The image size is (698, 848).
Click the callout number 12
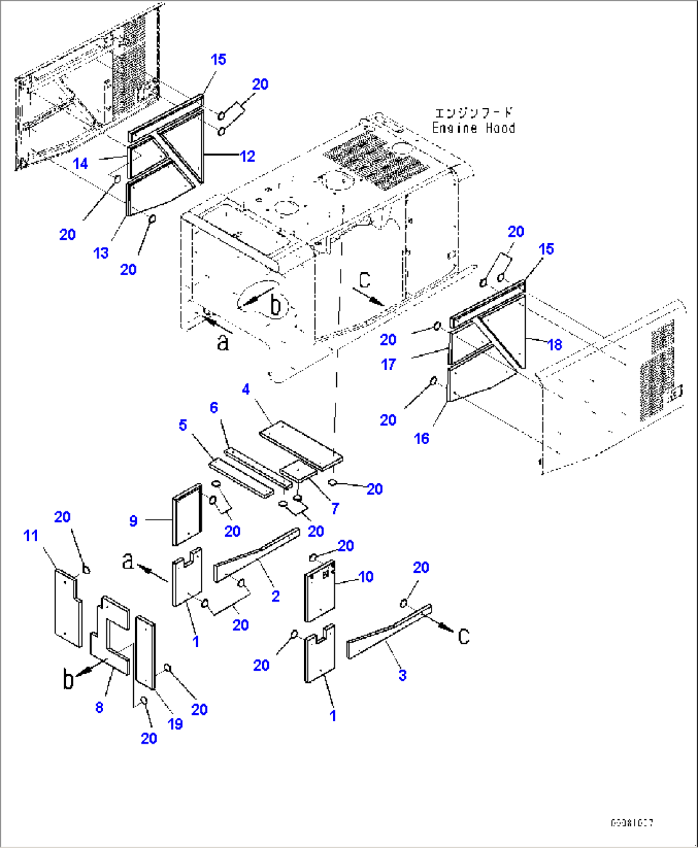tap(247, 156)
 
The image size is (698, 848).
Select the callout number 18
tap(555, 344)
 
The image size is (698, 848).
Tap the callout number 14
tap(80, 164)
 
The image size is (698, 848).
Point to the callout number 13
tap(101, 253)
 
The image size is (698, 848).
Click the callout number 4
tap(246, 389)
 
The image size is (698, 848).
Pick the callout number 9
tap(133, 520)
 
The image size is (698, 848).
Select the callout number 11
tap(31, 536)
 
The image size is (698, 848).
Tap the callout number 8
tap(99, 707)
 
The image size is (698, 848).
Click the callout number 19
tap(175, 724)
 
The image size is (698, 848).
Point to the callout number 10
tap(366, 577)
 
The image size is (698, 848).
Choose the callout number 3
tap(402, 675)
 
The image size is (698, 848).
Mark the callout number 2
tap(275, 596)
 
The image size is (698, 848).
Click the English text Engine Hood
tap(473, 128)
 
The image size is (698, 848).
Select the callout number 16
tap(421, 438)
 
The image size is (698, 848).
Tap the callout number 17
tap(388, 364)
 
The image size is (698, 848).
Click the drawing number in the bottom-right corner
tap(631, 823)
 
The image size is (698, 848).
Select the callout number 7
tap(335, 508)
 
